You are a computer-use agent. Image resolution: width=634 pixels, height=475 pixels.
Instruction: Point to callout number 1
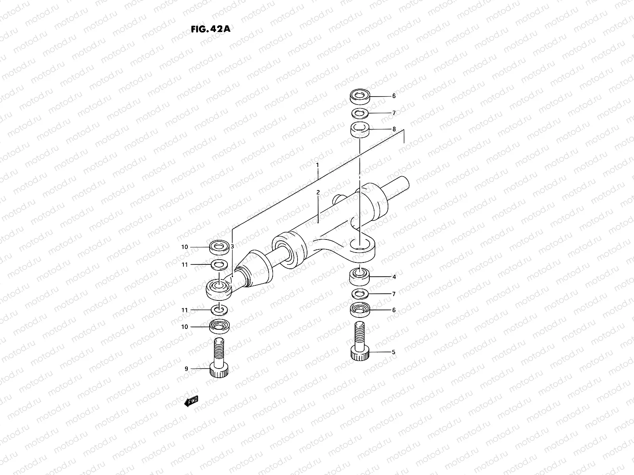click(x=317, y=164)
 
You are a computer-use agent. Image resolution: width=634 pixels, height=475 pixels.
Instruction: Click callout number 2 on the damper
click(x=318, y=192)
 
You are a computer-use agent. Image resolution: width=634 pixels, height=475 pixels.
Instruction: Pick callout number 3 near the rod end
click(x=233, y=247)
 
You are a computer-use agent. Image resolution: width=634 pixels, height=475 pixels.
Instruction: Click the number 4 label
click(x=394, y=277)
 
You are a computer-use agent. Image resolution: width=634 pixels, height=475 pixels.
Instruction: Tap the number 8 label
click(x=394, y=129)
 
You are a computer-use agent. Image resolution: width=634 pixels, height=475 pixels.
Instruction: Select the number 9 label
click(x=186, y=369)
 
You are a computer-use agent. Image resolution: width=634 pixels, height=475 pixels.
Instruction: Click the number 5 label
click(x=393, y=352)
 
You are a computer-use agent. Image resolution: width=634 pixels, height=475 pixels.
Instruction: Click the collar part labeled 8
click(x=360, y=129)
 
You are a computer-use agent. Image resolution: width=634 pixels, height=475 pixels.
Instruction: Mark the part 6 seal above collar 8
click(x=360, y=96)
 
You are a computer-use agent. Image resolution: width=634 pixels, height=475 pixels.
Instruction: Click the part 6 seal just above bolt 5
click(x=360, y=310)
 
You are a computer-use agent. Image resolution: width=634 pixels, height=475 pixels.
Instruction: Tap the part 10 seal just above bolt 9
click(x=219, y=327)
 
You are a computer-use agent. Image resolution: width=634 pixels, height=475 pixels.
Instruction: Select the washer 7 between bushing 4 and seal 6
click(x=360, y=293)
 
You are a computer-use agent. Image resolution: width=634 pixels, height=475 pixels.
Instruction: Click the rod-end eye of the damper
click(x=219, y=287)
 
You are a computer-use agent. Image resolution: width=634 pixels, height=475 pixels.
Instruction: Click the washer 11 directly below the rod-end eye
click(x=219, y=309)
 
